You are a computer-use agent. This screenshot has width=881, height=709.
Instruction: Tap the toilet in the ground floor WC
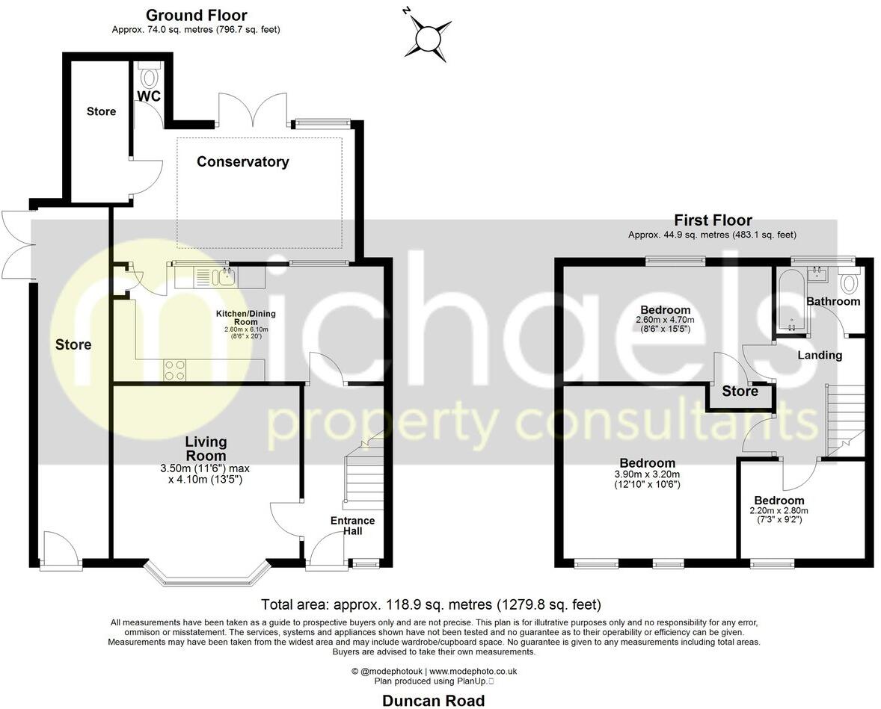(150, 76)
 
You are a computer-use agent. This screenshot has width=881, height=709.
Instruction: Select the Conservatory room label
(242, 162)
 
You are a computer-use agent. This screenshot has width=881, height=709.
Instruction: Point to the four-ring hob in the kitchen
(175, 370)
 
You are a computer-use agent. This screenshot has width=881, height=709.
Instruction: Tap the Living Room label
(206, 449)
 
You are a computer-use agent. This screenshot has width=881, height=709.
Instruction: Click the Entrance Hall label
(352, 525)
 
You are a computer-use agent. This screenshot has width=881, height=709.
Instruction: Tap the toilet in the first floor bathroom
(850, 284)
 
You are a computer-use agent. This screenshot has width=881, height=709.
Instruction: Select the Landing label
(819, 355)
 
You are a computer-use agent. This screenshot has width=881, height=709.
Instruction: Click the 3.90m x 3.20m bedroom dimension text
(636, 479)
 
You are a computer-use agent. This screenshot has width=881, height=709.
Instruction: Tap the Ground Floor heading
(196, 15)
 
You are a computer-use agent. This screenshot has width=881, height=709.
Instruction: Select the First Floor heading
(712, 220)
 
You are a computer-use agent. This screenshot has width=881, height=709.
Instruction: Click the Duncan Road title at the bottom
(433, 700)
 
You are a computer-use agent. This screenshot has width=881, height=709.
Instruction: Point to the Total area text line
(431, 604)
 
